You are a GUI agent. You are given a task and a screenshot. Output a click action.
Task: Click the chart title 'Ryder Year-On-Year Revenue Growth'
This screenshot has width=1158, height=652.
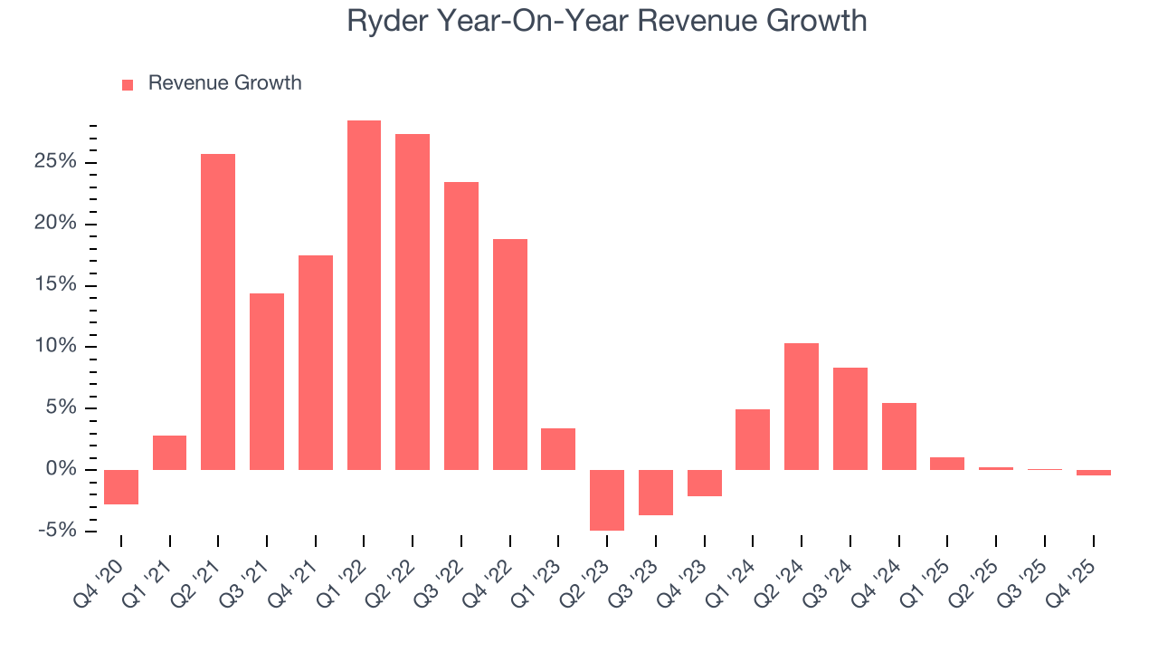(x=606, y=22)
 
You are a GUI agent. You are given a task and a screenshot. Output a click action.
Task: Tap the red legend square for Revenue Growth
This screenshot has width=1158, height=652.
(x=128, y=84)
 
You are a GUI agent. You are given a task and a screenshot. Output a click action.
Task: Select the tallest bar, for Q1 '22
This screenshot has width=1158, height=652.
(x=364, y=294)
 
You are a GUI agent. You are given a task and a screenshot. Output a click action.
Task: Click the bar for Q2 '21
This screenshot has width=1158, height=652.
(x=218, y=312)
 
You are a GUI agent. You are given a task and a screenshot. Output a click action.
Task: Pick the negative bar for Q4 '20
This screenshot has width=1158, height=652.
(x=121, y=486)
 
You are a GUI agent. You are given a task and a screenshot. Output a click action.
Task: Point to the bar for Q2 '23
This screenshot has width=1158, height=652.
(x=607, y=500)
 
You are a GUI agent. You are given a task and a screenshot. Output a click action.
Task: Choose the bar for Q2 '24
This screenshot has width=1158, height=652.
(x=802, y=406)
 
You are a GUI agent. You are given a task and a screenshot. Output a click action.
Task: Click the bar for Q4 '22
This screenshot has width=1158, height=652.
(x=510, y=354)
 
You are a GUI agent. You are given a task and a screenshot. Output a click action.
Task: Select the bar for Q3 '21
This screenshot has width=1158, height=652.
(x=267, y=381)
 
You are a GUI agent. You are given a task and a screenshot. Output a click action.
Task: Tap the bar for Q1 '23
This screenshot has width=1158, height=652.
(x=558, y=448)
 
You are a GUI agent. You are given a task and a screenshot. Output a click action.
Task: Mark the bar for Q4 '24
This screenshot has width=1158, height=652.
(x=899, y=436)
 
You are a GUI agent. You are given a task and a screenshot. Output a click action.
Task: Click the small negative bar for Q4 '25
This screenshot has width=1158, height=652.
(x=1094, y=473)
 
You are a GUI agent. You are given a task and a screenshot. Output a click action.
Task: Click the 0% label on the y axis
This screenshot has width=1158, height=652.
(x=63, y=469)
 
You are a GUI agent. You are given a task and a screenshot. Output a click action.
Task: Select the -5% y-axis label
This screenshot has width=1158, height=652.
(x=59, y=531)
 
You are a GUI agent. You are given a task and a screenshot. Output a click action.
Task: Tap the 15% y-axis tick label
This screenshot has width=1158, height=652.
(x=58, y=285)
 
